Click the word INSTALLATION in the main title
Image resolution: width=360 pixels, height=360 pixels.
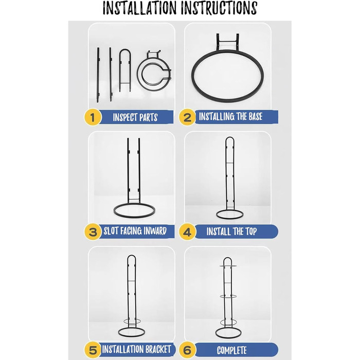pos(139,8)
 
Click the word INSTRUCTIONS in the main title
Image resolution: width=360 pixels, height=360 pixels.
pos(219,8)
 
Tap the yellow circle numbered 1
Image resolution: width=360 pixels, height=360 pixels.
pos(93,117)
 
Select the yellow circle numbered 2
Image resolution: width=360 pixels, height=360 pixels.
pos(187,117)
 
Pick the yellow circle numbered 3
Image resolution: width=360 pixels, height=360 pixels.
pos(93,231)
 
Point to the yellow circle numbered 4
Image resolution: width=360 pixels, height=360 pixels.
pos(187,231)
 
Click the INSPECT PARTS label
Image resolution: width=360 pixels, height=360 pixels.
pos(135,117)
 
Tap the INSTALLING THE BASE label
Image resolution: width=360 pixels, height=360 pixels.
pos(230,116)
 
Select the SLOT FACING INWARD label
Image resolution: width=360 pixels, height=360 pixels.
pos(135,231)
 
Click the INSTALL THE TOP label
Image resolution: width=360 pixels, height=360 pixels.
pos(231,231)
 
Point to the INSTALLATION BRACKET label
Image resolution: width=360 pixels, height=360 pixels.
pos(136,349)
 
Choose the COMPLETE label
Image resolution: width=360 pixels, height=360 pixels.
pos(232,350)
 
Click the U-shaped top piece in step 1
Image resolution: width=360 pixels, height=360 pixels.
pos(125,50)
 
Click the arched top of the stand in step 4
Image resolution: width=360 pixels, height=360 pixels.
pos(230,138)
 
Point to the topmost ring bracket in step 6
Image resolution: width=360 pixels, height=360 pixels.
pos(228,266)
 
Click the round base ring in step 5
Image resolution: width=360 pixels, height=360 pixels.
pos(132,336)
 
